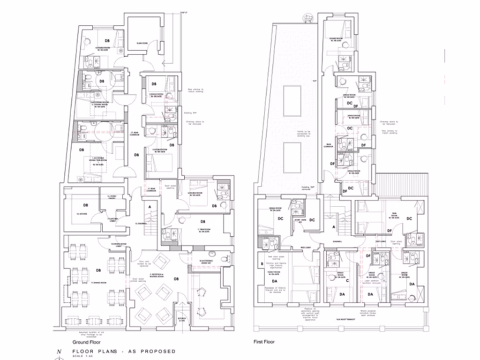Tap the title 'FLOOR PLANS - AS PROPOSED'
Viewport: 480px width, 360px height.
(x=124, y=351)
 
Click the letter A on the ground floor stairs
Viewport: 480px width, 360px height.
(x=149, y=206)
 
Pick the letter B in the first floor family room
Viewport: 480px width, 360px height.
(x=262, y=264)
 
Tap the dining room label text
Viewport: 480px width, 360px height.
(x=98, y=283)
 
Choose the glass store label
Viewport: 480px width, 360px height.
(x=142, y=44)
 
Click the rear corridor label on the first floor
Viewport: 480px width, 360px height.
(x=330, y=146)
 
